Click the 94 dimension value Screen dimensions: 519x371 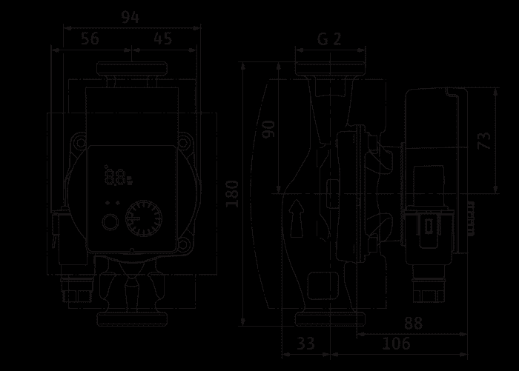pos(130,17)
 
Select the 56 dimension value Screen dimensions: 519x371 pos(90,39)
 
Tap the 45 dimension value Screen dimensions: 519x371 pos(163,39)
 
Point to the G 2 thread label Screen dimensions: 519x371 pos(329,39)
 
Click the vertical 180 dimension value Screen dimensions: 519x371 pos(232,194)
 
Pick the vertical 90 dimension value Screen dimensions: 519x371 pos(268,130)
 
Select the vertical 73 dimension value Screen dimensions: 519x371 pos(484,141)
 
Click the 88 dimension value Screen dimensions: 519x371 pos(414,323)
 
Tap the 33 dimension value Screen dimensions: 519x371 pos(305,344)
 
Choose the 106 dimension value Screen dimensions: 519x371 pos(396,344)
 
